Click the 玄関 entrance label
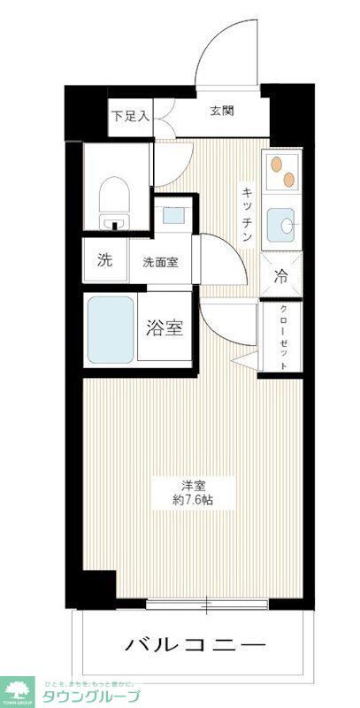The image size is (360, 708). pos(222,112)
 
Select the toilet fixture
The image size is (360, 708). pos(113,196)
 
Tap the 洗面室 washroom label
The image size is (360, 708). pos(161,262)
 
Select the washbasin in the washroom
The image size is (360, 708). pos(171,214)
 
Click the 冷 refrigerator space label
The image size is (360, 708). pos(281,276)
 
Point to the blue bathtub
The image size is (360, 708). pos(111,329)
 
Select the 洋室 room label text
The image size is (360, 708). pos(195,485)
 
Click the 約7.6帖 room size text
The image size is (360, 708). pos(193,501)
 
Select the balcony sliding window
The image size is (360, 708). pos(206,606)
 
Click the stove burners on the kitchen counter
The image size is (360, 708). pos(281,171)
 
